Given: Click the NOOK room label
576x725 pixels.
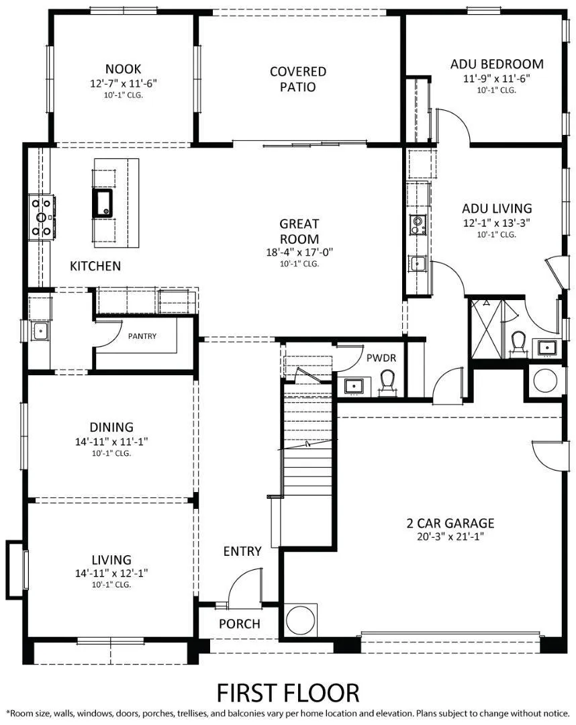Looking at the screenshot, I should click(x=123, y=68).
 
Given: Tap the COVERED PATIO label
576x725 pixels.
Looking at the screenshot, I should click(x=298, y=79).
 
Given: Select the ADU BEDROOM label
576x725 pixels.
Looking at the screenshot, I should click(x=497, y=64).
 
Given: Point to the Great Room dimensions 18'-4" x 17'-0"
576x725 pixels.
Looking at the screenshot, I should click(x=299, y=252).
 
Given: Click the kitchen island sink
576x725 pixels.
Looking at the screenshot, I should click(x=103, y=202).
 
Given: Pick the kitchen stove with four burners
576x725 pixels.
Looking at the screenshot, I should click(x=42, y=217).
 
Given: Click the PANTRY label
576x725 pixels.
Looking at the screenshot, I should click(x=142, y=336).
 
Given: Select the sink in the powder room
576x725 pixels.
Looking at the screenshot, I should click(x=353, y=386).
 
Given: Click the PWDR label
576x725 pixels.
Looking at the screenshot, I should click(x=381, y=358).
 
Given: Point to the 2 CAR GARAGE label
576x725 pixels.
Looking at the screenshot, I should click(x=450, y=523).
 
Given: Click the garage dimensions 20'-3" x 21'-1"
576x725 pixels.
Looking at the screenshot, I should click(x=450, y=536).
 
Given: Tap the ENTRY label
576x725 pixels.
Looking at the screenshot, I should click(x=242, y=551).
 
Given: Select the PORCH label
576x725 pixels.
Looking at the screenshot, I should click(x=240, y=624).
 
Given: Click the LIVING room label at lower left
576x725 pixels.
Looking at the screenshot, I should click(x=111, y=560).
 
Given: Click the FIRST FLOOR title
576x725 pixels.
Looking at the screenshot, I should click(x=287, y=691).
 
